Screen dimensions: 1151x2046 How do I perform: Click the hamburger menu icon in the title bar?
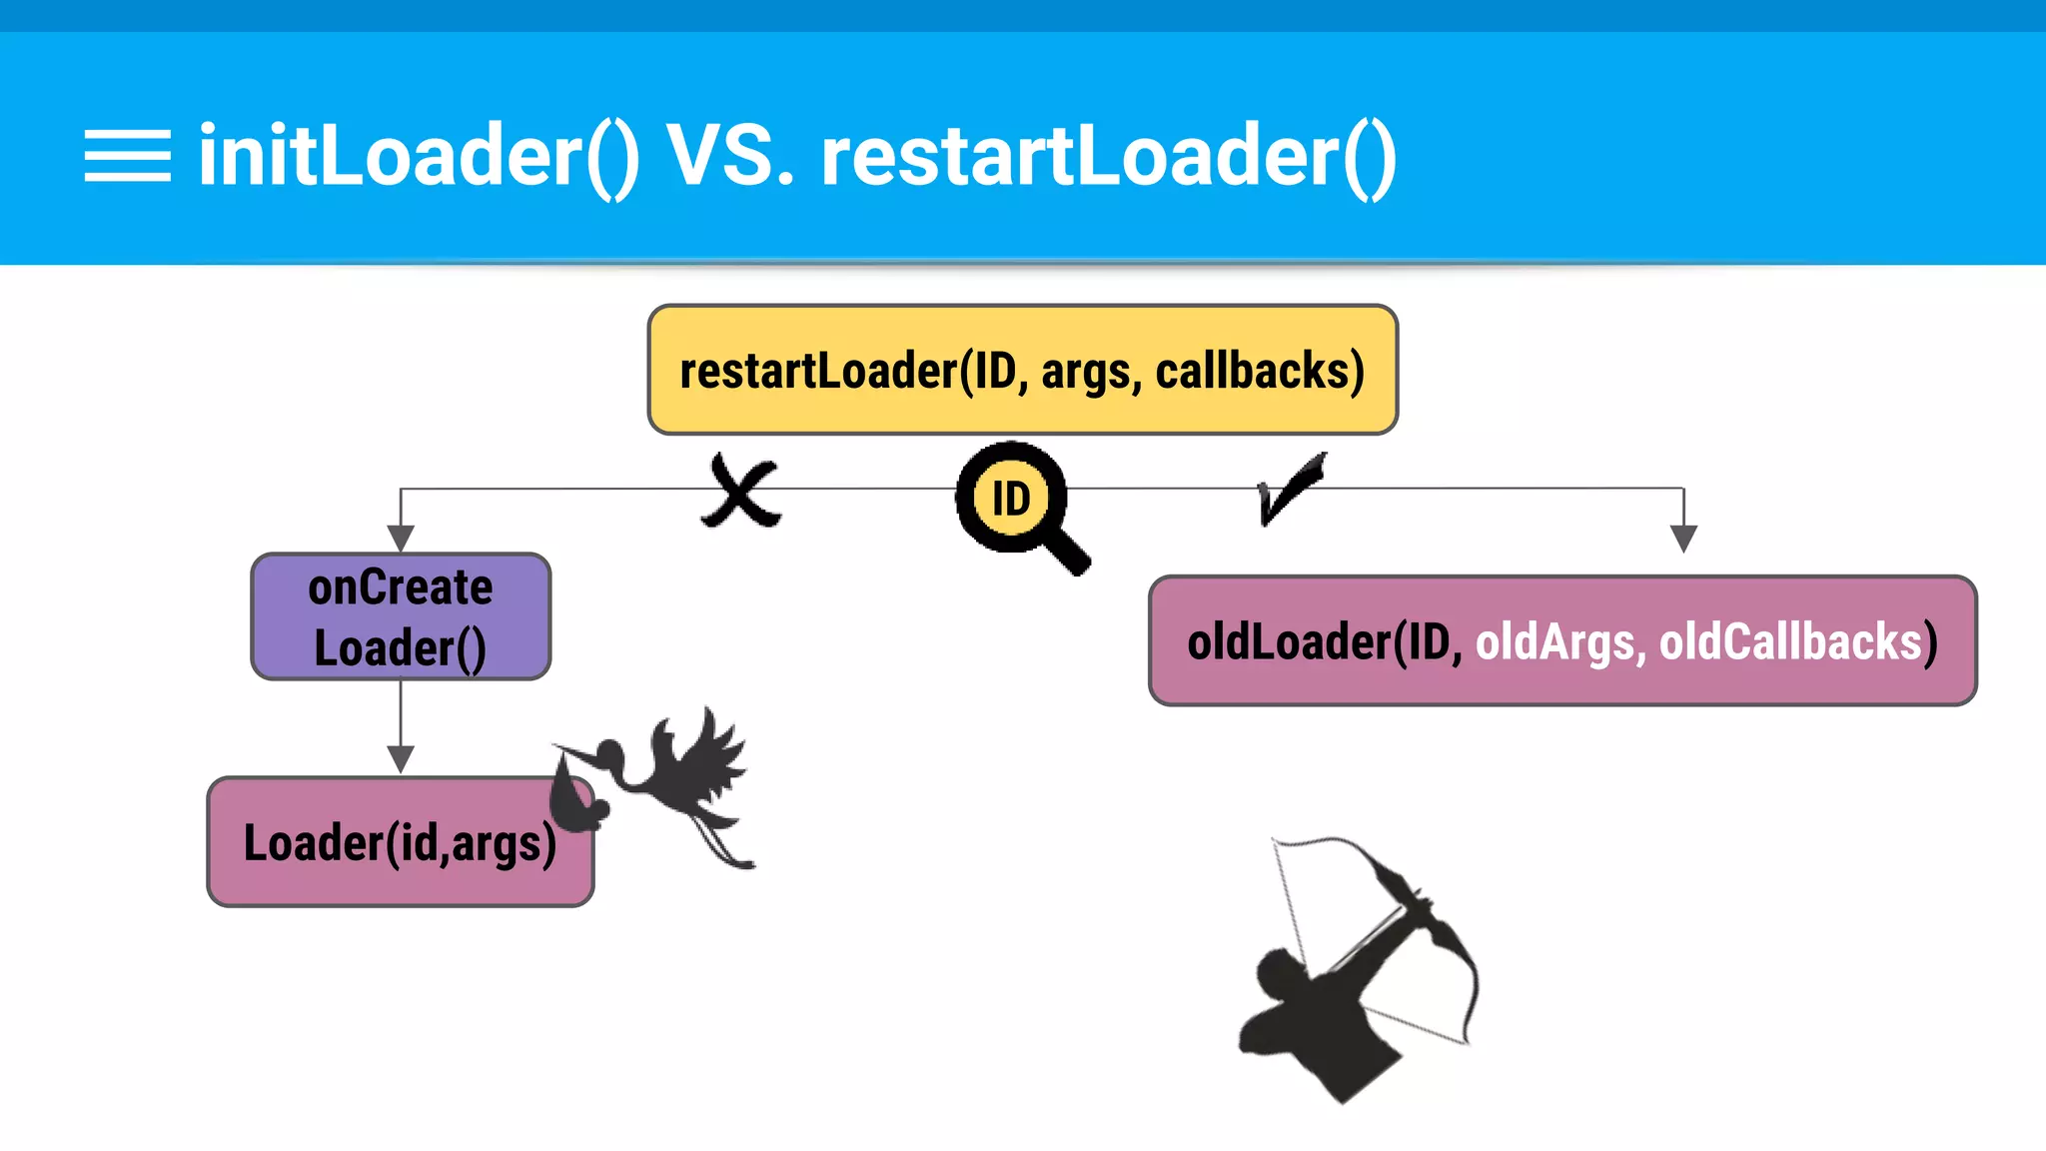coord(127,156)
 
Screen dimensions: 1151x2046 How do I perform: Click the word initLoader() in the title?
coord(418,156)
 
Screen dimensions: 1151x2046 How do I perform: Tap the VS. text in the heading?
coord(731,156)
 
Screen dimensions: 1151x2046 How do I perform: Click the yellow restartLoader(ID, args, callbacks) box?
coord(1022,371)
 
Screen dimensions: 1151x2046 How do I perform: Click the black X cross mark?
coord(741,492)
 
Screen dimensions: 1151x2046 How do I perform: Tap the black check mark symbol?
coord(1289,488)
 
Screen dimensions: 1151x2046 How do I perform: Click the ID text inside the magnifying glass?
coord(1010,498)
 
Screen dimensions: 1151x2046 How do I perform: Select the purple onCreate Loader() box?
coord(401,616)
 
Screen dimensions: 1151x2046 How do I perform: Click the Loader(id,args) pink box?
coord(400,842)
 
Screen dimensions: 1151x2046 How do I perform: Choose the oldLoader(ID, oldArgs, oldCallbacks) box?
coord(1562,640)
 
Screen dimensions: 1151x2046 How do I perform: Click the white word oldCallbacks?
coord(1790,641)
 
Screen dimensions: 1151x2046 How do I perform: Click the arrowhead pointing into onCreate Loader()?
coord(401,539)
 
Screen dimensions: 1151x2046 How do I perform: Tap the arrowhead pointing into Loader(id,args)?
coord(401,759)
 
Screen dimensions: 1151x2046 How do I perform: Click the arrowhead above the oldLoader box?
coord(1683,539)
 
